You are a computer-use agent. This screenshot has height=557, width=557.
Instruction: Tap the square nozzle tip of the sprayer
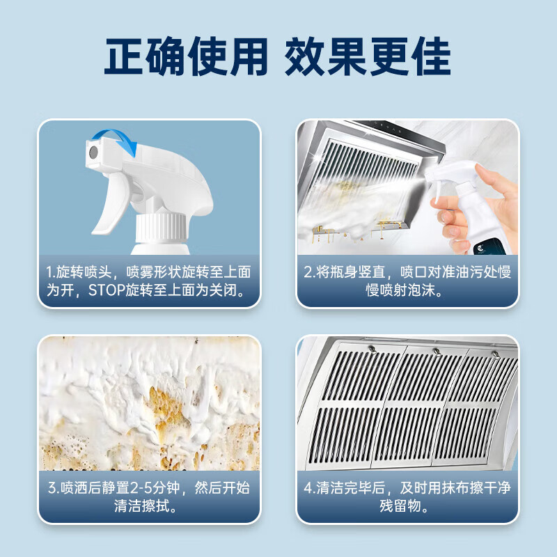pyautogui.click(x=92, y=151)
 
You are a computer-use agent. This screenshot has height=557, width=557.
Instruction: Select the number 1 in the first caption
pyautogui.click(x=51, y=272)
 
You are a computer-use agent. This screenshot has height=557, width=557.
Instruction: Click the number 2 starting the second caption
pyautogui.click(x=308, y=272)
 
